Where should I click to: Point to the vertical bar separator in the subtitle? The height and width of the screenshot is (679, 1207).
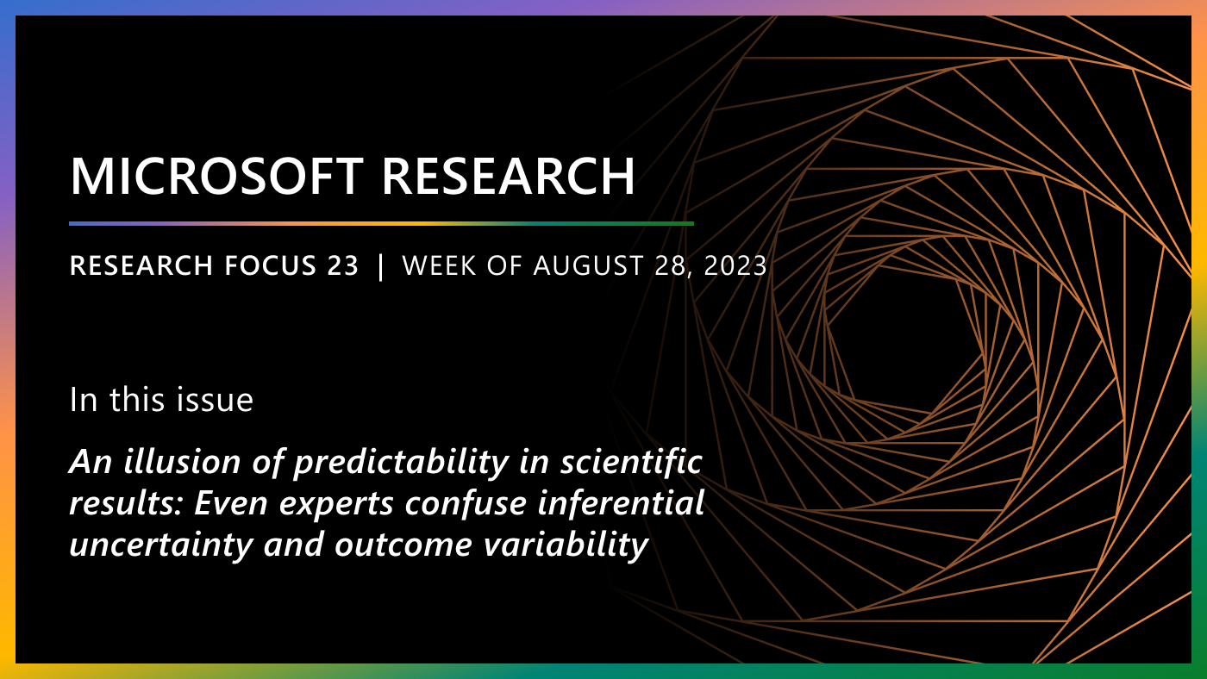tap(381, 266)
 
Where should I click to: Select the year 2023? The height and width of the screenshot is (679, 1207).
tap(735, 266)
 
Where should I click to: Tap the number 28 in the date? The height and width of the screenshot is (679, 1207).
tap(672, 266)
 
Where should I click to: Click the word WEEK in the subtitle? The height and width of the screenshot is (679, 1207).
tap(436, 266)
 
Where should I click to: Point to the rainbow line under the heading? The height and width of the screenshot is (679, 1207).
tap(381, 223)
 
